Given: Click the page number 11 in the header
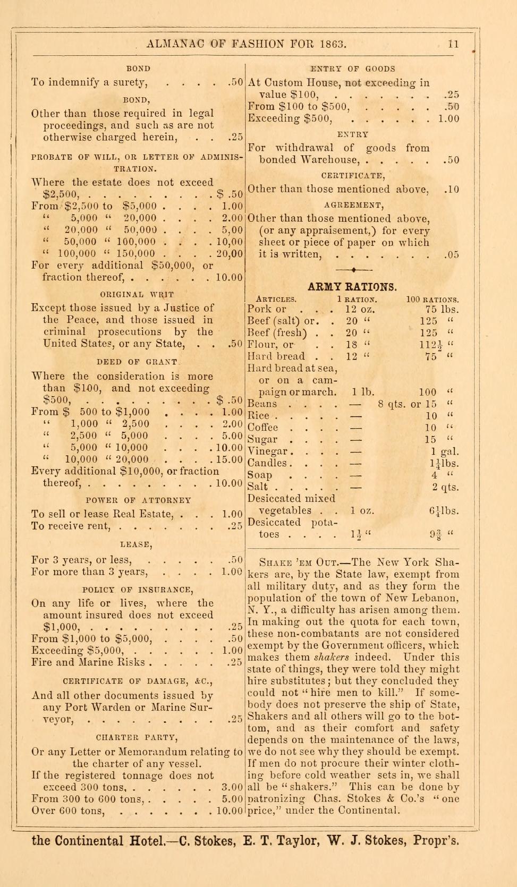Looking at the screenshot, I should tap(453, 44).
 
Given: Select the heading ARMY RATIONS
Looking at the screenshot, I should tap(352, 287).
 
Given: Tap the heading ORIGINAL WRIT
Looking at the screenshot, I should tap(137, 294).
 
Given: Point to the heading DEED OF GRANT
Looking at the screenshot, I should tap(137, 362).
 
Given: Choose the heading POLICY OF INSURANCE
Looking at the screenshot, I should tap(138, 590).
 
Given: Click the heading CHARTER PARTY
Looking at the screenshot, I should tap(137, 737).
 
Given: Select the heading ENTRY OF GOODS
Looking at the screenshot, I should tap(352, 69).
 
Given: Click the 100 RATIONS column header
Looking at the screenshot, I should tap(433, 300).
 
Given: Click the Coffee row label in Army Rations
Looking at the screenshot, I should tap(262, 428).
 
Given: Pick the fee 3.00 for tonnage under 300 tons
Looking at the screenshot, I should tap(233, 787).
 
